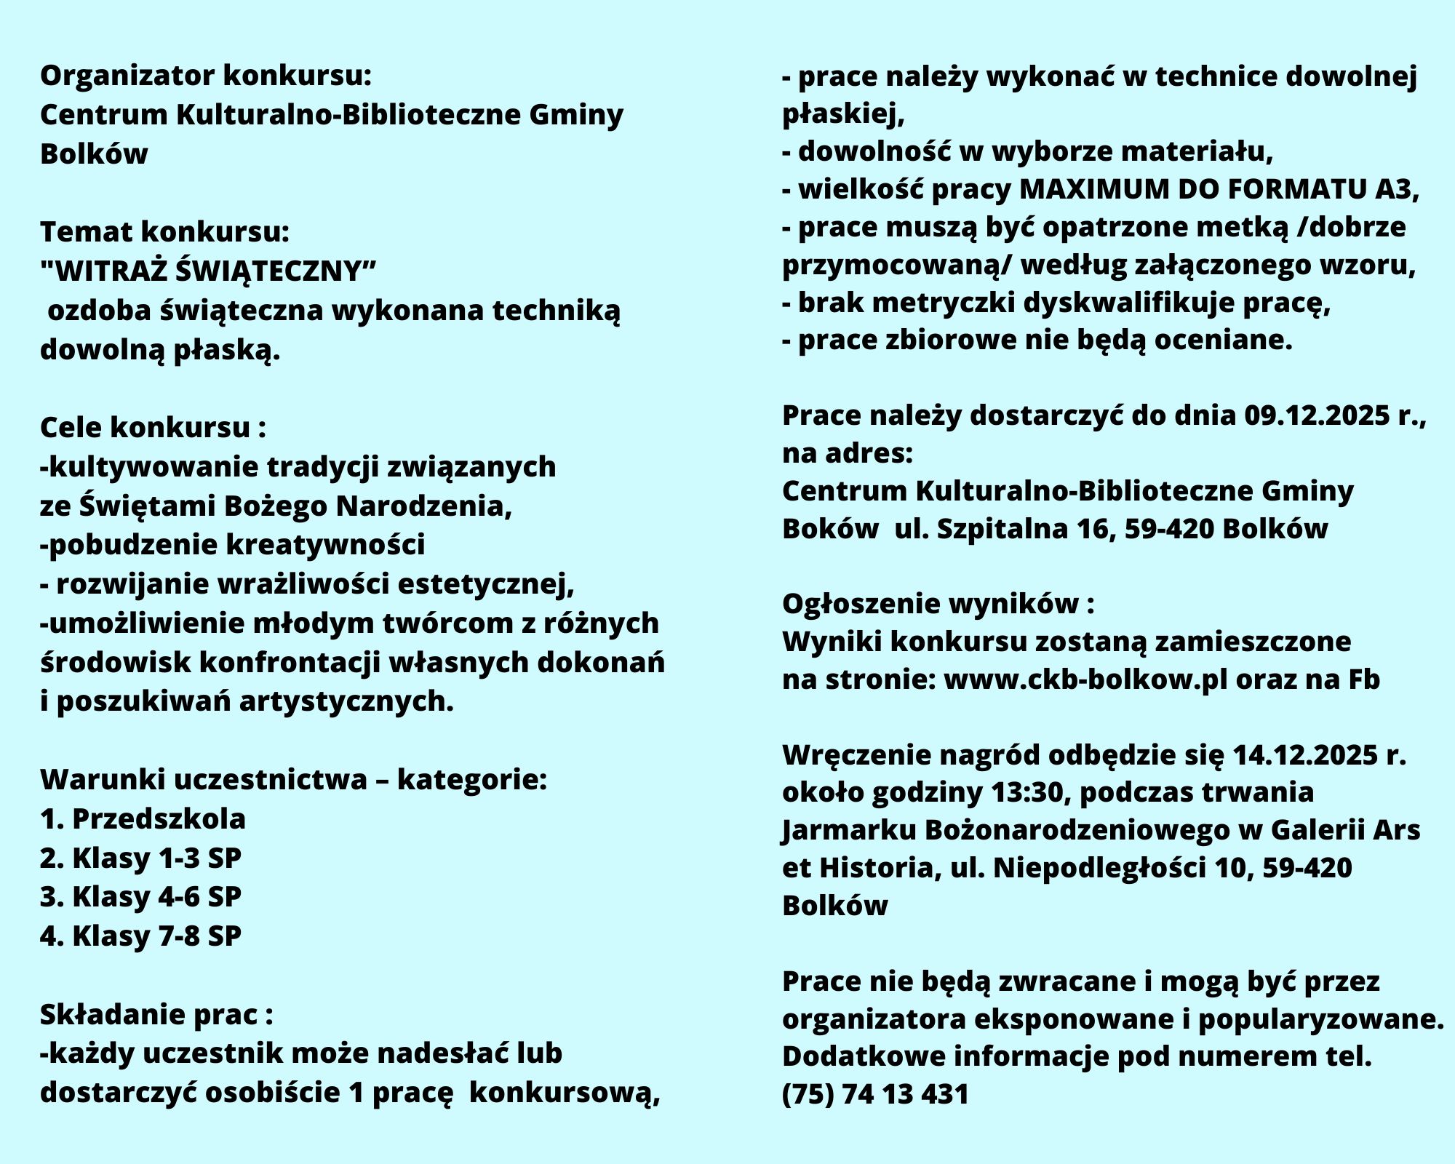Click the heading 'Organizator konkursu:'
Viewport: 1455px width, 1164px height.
pos(206,76)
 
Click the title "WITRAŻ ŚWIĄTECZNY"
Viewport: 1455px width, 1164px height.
pos(209,271)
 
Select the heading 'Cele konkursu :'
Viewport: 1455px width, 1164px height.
pos(153,428)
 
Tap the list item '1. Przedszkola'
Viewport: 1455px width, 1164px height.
pos(143,819)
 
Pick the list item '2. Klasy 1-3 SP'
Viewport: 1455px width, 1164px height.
pos(140,858)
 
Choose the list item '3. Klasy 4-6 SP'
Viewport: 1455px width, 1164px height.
pos(140,897)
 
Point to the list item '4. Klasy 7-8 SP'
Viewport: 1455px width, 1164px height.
pos(140,936)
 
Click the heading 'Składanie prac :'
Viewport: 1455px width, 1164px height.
pos(156,1015)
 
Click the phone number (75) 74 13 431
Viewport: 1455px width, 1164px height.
pos(875,1094)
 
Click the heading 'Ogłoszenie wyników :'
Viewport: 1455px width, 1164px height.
pos(938,604)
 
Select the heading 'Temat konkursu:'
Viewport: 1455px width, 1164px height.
pos(165,232)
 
